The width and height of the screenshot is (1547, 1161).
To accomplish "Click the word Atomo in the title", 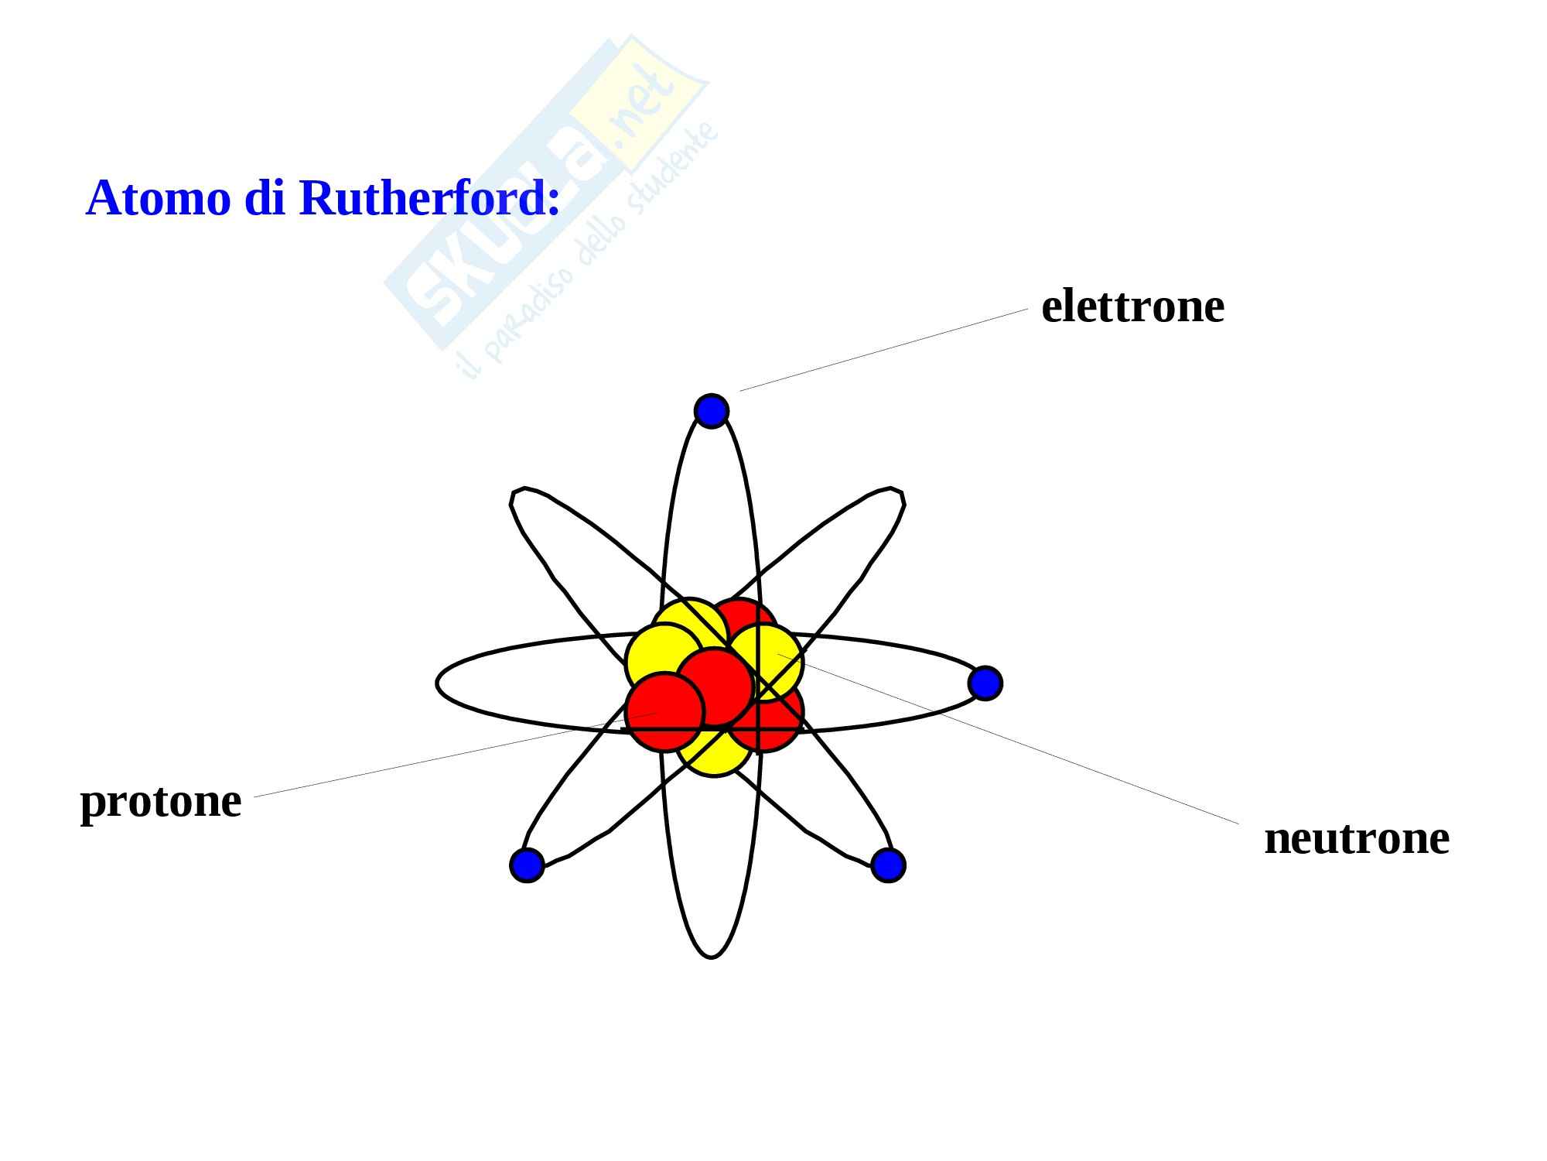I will pos(159,198).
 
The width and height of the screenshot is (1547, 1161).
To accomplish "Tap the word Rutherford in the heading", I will pos(429,198).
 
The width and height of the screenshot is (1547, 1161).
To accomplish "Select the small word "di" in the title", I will pos(265,198).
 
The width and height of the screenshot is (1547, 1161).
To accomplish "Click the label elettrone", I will pos(1132,307).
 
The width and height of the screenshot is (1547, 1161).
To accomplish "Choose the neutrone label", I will pos(1357,838).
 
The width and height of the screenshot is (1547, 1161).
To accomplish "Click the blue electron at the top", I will pos(712,410).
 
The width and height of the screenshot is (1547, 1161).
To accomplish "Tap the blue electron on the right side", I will pos(985,683).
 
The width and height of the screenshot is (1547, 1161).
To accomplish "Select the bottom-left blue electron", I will pos(528,865).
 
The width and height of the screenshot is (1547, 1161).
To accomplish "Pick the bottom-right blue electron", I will pos(888,865).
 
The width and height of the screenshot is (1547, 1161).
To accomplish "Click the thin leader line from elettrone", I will pos(882,351).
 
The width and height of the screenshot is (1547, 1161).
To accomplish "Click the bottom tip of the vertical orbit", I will pos(712,957).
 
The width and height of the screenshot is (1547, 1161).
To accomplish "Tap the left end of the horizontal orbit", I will pos(438,683).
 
